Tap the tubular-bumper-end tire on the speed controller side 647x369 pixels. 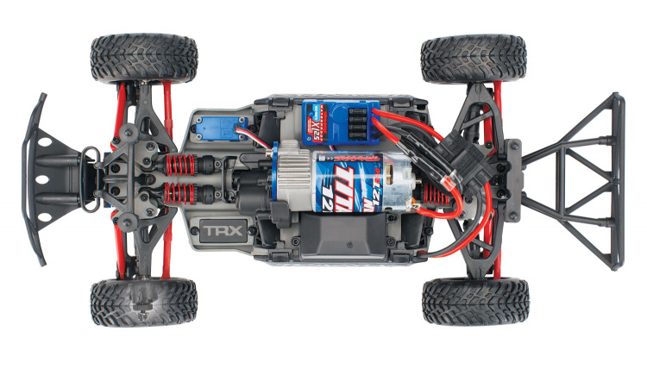point(474,59)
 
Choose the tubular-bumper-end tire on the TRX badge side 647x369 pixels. point(474,301)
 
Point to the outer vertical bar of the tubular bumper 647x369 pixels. point(617,180)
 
